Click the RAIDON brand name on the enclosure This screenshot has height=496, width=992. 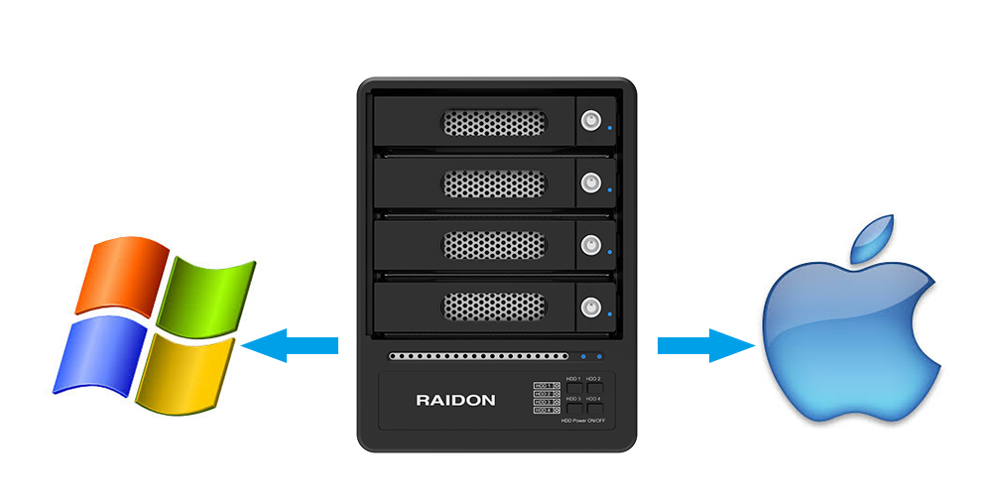click(x=455, y=401)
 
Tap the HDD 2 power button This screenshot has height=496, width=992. click(x=594, y=387)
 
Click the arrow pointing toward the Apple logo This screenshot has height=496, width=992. click(x=706, y=345)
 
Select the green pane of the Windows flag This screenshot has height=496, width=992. click(x=206, y=295)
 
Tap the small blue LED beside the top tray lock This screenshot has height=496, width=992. click(x=610, y=128)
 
